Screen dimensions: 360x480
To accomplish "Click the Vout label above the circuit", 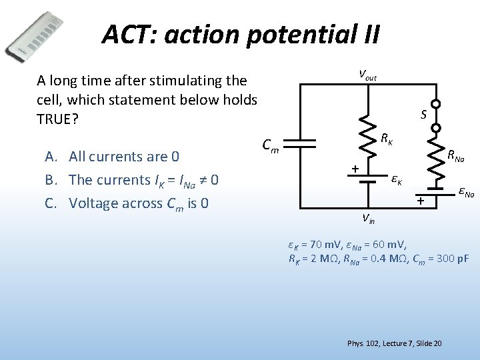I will (x=367, y=75).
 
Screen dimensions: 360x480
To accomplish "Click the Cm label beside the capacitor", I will (x=271, y=144).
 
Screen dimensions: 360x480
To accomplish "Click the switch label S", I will (x=423, y=115).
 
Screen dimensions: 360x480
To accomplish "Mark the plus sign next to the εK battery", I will (x=355, y=169).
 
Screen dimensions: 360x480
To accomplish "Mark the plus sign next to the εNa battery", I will (x=421, y=200).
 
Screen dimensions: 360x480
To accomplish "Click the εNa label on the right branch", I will (x=465, y=193).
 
